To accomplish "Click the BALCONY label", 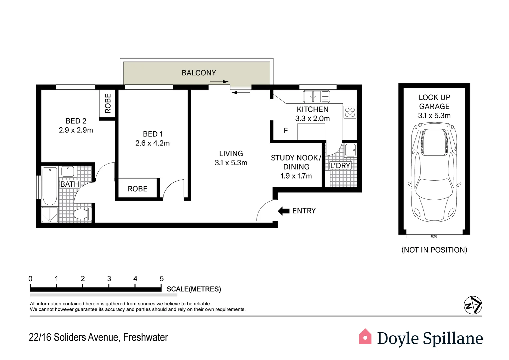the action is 199,73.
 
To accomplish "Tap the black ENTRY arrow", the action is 283,211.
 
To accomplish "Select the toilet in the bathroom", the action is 82,214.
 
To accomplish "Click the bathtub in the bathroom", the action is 50,186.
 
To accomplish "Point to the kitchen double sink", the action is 316,97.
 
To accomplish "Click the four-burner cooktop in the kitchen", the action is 350,112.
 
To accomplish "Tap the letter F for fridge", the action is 285,131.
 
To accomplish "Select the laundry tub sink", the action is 350,150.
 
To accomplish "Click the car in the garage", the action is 434,172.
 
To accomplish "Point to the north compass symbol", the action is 473,305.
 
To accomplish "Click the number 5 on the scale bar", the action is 162,279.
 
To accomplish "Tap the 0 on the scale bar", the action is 30,279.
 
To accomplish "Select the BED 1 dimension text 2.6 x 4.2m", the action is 153,143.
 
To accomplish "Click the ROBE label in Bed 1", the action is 138,189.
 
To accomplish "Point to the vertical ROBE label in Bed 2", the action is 108,103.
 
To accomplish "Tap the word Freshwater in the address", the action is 146,337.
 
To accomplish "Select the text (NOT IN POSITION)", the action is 434,250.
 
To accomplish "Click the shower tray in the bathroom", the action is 50,214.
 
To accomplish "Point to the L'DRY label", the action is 340,166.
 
